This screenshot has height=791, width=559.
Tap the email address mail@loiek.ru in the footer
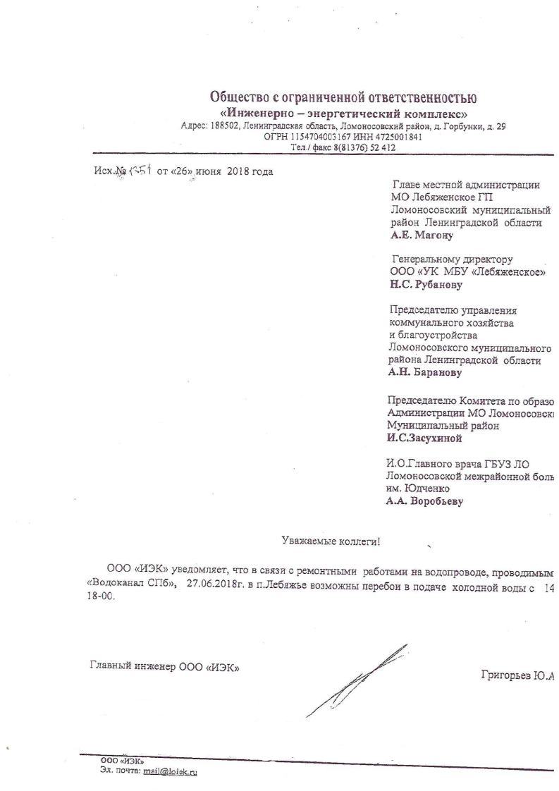click(x=170, y=772)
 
